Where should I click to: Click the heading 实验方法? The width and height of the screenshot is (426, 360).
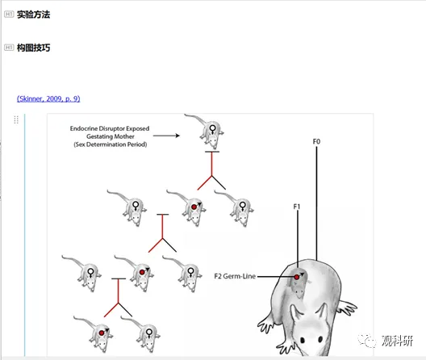tap(33, 15)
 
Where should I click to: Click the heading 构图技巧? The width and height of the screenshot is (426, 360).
tap(33, 48)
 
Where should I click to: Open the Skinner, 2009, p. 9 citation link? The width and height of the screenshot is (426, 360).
tap(48, 98)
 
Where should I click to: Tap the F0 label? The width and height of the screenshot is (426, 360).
tap(316, 142)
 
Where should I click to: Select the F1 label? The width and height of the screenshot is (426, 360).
tap(297, 207)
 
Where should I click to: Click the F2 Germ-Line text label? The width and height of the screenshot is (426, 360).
tap(235, 276)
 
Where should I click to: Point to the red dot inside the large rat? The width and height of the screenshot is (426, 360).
tap(297, 277)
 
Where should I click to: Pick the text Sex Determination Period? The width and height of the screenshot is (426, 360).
tap(111, 144)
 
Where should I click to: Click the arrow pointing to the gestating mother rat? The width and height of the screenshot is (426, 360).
tap(166, 136)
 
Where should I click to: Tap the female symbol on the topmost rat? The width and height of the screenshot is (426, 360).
tap(212, 129)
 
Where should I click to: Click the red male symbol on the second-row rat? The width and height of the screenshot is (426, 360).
tap(195, 206)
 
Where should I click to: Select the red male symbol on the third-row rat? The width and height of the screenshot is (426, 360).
tap(144, 271)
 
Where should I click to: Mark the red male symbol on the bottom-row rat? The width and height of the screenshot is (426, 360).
tap(103, 332)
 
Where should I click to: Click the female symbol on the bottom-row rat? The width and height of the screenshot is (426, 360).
tap(149, 333)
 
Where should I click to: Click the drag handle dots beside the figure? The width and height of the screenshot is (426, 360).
tap(16, 119)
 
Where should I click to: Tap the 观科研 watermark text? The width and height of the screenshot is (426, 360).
tap(397, 341)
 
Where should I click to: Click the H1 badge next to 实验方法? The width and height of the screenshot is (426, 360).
tap(9, 15)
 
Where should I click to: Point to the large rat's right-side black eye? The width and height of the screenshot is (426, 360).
tap(320, 339)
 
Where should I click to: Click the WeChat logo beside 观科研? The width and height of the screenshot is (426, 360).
tap(367, 341)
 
